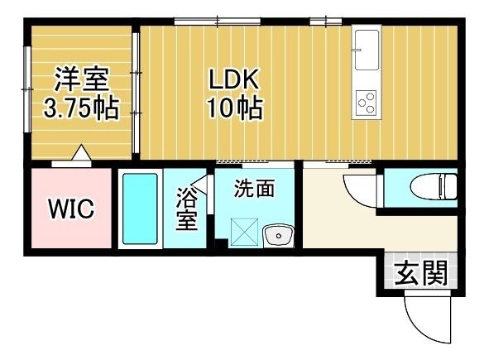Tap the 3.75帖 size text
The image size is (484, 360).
click(x=82, y=108)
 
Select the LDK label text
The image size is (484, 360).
click(x=234, y=80)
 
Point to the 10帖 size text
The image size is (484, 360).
click(x=234, y=108)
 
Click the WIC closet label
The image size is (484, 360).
click(x=69, y=209)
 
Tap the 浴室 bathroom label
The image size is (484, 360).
click(x=187, y=210)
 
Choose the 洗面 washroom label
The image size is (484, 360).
click(x=254, y=188)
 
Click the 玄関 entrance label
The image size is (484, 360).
click(x=419, y=272)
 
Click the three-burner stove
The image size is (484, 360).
click(x=366, y=103)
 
